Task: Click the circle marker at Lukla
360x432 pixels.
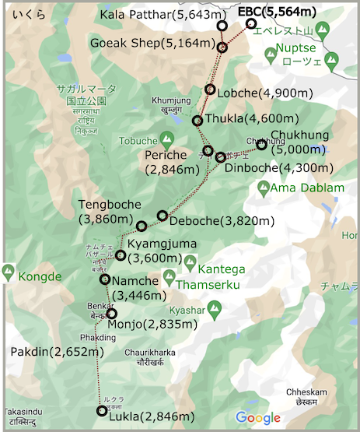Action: point(101,411)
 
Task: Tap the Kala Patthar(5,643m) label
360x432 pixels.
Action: point(157,16)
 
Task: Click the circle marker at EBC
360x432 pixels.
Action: point(251,23)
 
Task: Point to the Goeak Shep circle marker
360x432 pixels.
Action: point(222,48)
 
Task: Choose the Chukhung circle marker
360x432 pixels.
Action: point(261,144)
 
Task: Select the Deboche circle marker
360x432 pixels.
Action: point(163,216)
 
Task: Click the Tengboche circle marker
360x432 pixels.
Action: point(142,226)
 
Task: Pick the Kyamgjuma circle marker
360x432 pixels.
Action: point(121,255)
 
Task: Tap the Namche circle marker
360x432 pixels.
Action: point(105,279)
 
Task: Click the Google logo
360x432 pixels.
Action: point(257,417)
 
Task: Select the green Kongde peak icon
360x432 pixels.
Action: point(9,272)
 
